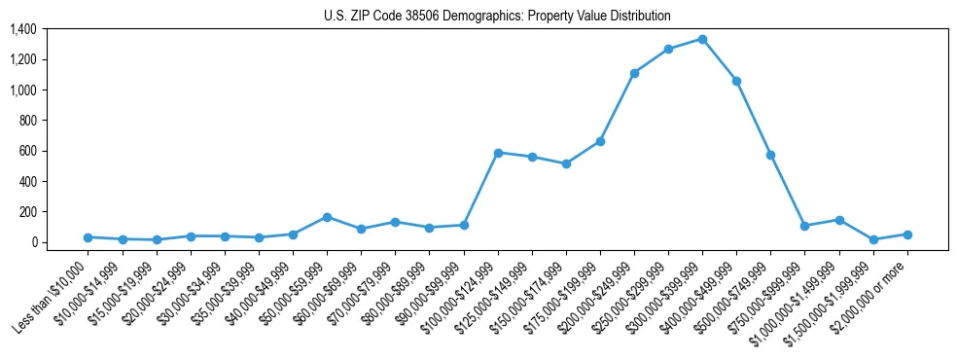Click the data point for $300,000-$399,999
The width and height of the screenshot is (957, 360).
click(702, 40)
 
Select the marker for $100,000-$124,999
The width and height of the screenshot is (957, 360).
click(498, 153)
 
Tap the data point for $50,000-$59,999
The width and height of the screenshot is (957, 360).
click(327, 217)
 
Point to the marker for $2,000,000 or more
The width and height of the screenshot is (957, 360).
click(907, 234)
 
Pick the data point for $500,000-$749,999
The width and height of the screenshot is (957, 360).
click(770, 155)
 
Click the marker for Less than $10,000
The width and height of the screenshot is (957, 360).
click(89, 237)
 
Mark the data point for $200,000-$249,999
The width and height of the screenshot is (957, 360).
click(634, 73)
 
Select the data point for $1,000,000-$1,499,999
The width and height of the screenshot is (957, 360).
click(839, 220)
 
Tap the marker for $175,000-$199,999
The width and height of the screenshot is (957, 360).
click(600, 141)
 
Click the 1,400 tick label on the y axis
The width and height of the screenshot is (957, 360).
click(23, 29)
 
